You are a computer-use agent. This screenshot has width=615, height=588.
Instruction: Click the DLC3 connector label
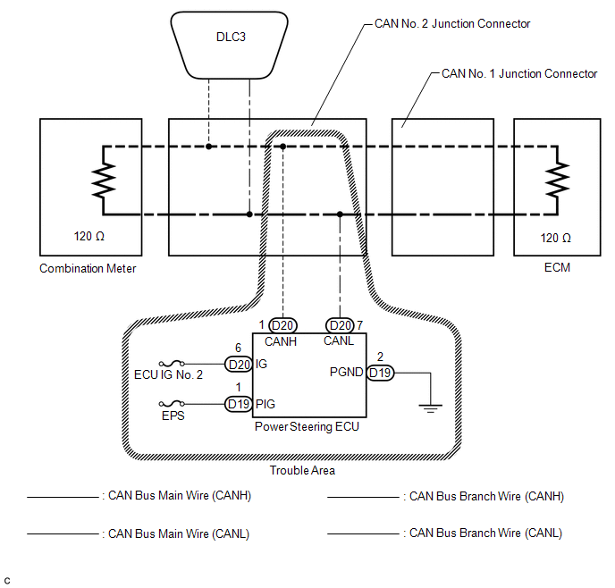(x=231, y=37)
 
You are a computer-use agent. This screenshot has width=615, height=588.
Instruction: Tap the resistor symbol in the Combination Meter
(x=104, y=181)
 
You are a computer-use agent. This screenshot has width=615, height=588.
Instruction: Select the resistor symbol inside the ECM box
(x=557, y=181)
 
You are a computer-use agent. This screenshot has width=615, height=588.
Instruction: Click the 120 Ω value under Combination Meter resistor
(x=89, y=237)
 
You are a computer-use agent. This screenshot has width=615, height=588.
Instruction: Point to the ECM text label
(x=557, y=268)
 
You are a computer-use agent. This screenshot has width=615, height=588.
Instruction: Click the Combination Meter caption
(x=88, y=268)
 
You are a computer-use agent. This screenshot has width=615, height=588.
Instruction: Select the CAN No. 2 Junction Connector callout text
(x=452, y=23)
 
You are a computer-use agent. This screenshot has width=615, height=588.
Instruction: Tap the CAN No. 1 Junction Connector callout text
(x=519, y=73)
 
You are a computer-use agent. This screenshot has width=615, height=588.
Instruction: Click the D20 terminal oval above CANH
(x=282, y=325)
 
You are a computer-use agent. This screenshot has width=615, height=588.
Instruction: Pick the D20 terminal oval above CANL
(x=340, y=325)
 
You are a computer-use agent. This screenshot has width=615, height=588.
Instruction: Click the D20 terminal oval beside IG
(x=239, y=365)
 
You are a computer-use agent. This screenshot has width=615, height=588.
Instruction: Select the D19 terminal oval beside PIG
(x=239, y=404)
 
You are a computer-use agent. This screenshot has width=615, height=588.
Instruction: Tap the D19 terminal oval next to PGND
(x=380, y=373)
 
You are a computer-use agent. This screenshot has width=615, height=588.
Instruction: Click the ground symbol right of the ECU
(x=430, y=407)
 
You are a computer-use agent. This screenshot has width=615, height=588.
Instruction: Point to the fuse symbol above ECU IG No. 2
(x=172, y=364)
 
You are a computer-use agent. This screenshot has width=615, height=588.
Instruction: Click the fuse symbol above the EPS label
(x=172, y=403)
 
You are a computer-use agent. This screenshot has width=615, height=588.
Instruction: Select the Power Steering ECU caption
(x=307, y=426)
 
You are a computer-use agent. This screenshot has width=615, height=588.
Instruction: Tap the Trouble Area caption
(x=302, y=470)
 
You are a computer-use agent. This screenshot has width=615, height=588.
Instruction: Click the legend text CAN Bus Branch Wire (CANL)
(x=485, y=533)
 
